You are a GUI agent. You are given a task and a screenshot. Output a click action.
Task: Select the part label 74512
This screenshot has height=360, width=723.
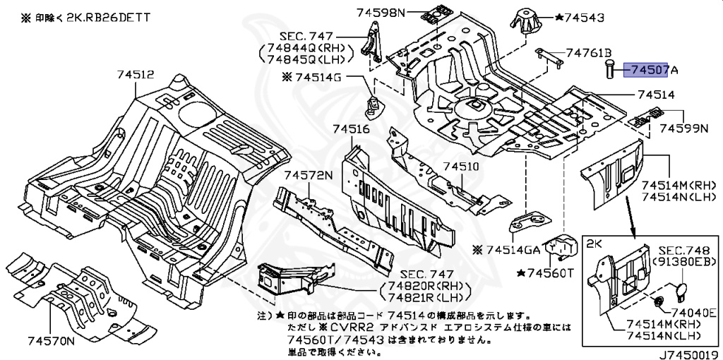coord(135,74)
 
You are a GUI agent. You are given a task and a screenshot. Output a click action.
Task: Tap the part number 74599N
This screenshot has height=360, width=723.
coord(683,128)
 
